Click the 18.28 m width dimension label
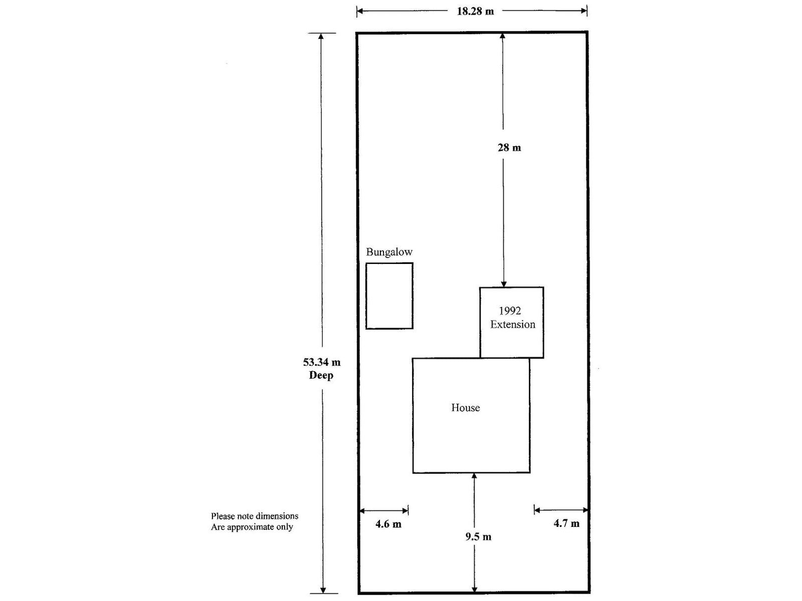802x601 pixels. click(x=475, y=11)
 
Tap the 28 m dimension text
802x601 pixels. click(x=509, y=147)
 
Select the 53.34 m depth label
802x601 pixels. click(x=321, y=362)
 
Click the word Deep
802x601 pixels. click(x=321, y=375)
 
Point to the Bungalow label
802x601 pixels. click(x=389, y=252)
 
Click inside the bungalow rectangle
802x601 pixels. click(x=389, y=295)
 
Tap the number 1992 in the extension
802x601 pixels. click(x=509, y=311)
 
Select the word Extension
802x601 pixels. click(x=512, y=325)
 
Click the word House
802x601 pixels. click(x=465, y=408)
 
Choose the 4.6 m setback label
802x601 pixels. click(x=388, y=524)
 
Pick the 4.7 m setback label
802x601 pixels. click(x=566, y=523)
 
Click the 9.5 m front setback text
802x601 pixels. click(x=478, y=537)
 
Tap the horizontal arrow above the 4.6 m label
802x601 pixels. click(x=384, y=511)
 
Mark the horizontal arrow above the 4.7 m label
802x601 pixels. click(x=560, y=510)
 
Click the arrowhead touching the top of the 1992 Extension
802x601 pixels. click(x=504, y=283)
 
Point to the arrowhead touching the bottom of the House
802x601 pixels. click(x=474, y=476)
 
